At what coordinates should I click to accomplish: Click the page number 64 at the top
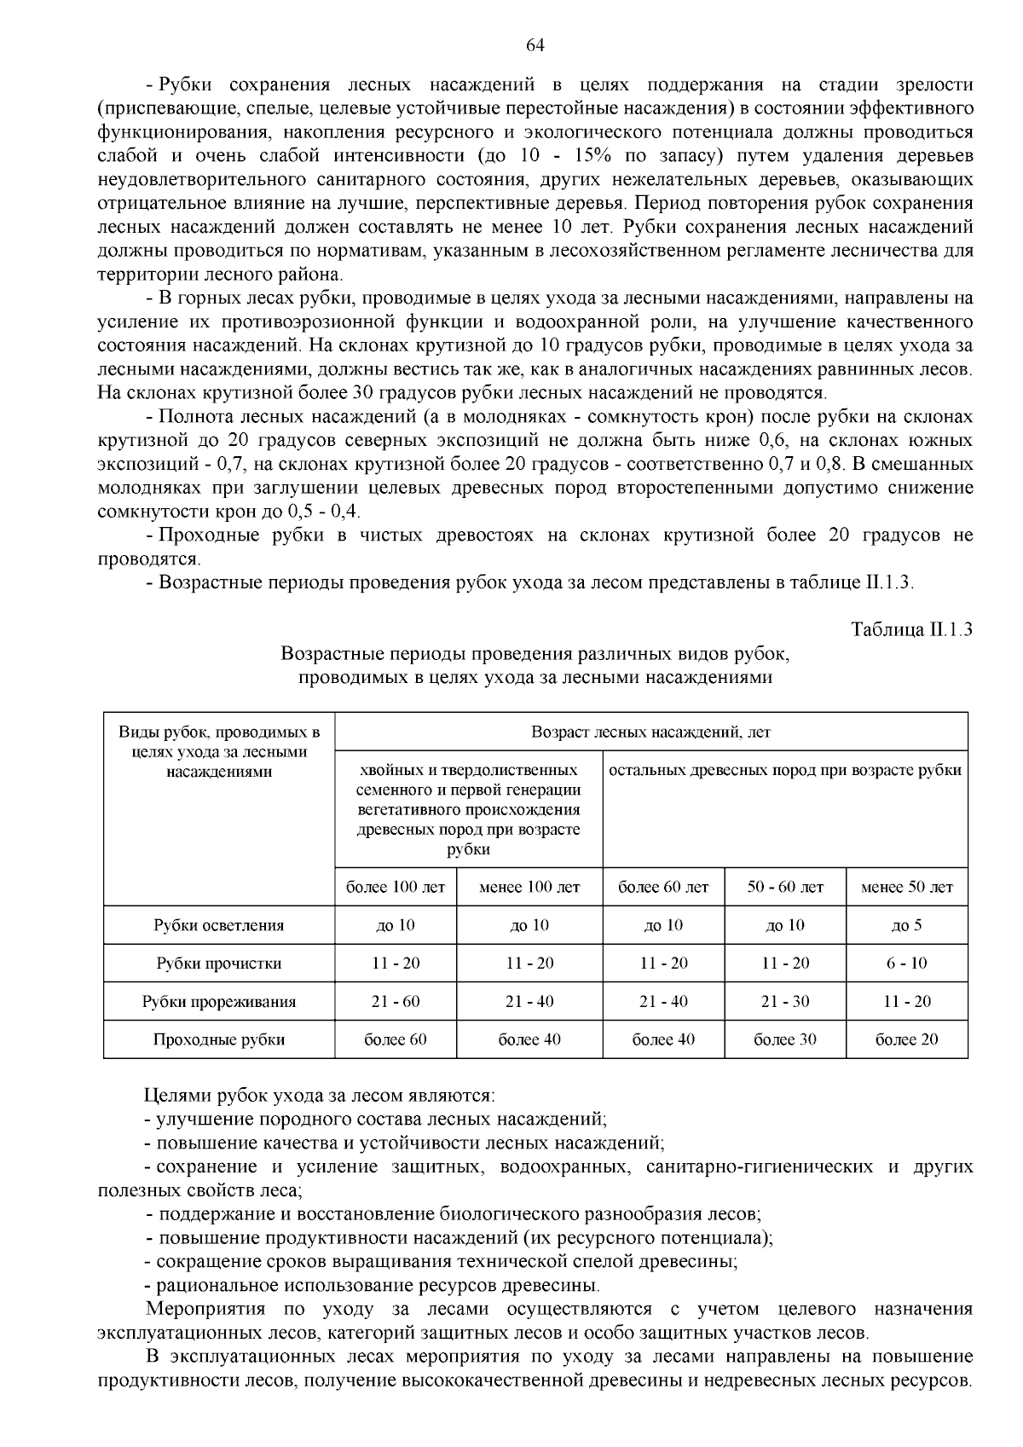tap(535, 45)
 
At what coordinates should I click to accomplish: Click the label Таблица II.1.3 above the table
tap(912, 630)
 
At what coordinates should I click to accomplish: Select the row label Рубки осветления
tap(219, 925)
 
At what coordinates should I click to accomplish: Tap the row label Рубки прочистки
tap(219, 964)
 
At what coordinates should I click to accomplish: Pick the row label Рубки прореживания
tap(219, 1002)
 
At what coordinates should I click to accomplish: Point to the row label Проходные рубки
tap(219, 1039)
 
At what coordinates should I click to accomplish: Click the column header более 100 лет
tap(396, 887)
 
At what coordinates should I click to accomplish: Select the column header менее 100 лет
tap(529, 887)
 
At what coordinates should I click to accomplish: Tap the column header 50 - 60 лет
tap(785, 887)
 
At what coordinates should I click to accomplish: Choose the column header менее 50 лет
tap(907, 887)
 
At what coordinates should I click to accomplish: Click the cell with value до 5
tap(906, 925)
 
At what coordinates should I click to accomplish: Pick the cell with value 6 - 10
tap(906, 964)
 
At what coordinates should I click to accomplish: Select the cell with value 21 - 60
tap(396, 1002)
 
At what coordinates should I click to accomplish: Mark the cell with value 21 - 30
tap(785, 1002)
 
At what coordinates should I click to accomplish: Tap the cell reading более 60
tap(396, 1039)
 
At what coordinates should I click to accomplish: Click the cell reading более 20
tap(906, 1039)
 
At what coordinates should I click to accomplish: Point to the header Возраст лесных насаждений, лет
tap(651, 732)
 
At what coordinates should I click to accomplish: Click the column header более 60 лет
tap(663, 887)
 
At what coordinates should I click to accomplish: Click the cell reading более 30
tap(785, 1039)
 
